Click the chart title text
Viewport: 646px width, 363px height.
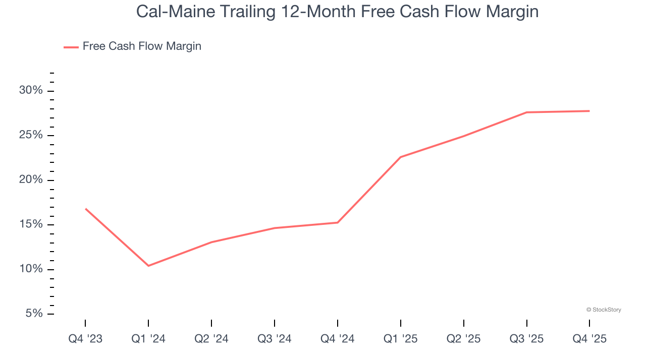coord(337,12)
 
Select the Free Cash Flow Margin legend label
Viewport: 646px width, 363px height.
coord(142,46)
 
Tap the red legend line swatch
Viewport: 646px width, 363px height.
coord(71,47)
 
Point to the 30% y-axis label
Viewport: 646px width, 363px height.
coord(31,91)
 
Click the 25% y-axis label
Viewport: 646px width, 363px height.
coord(31,135)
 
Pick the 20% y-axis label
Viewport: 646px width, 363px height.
coord(31,180)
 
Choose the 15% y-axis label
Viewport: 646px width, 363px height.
coord(31,224)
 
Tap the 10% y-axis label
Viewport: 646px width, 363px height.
coord(31,269)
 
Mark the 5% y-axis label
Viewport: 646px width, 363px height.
coord(34,314)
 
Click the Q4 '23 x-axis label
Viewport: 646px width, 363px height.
coord(85,339)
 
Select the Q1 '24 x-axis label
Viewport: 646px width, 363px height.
coord(148,339)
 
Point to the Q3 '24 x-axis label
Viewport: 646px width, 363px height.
coord(275,339)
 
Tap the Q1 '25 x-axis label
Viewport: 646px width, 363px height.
coord(401,339)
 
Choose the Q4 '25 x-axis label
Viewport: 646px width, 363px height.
coord(589,339)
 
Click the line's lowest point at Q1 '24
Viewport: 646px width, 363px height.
coord(148,266)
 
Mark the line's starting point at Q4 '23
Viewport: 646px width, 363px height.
coord(85,208)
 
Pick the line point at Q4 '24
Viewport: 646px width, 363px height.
coord(338,222)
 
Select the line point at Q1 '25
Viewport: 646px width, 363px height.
coord(401,157)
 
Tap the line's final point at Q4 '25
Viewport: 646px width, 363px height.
coord(589,111)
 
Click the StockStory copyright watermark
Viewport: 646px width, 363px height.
coord(604,310)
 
